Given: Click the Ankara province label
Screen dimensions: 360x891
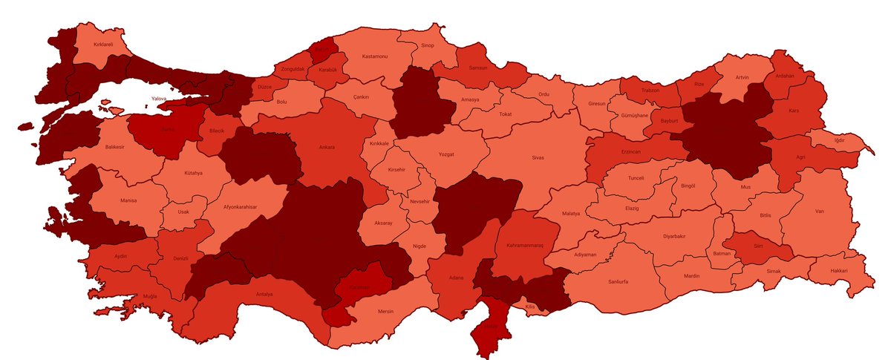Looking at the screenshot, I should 327,147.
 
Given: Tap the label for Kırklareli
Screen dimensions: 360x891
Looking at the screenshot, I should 105,45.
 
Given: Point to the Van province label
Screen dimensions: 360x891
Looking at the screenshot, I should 819,212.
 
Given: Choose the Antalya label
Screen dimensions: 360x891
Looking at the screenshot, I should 264,294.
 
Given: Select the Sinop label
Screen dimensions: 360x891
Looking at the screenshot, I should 428,45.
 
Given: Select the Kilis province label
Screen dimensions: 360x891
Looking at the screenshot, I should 529,306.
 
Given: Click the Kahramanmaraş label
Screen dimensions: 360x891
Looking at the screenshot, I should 524,245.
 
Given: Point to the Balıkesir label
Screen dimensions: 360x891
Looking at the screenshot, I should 114,147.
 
